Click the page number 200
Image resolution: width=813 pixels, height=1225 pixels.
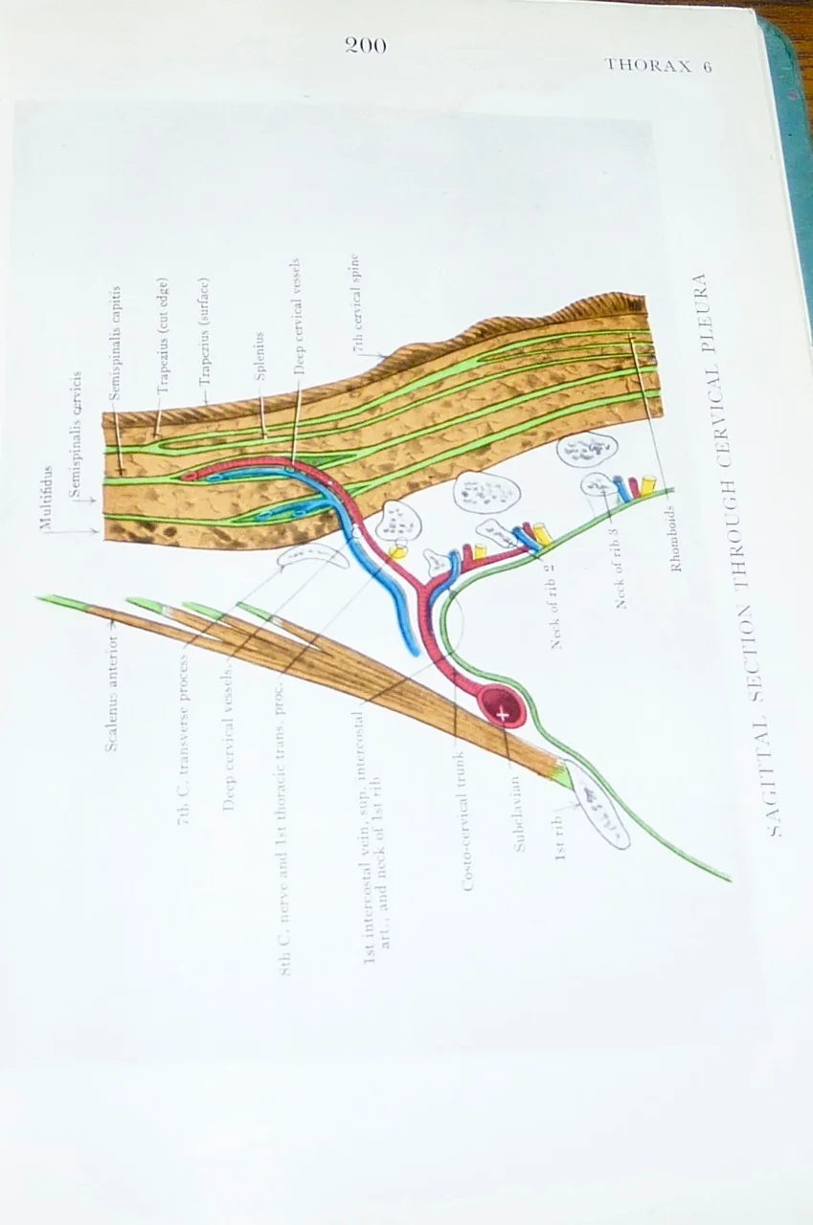366,44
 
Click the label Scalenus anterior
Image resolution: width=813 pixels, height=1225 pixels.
111,685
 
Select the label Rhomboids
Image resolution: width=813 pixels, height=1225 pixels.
676,539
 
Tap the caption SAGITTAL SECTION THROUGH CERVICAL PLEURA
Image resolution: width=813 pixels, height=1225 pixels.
755,555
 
